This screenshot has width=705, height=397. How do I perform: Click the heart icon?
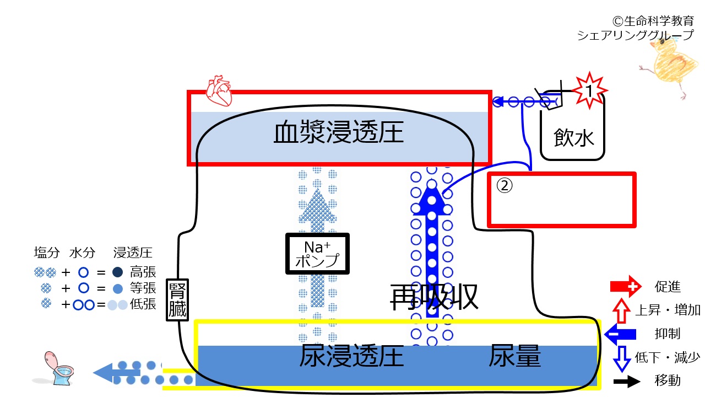219,91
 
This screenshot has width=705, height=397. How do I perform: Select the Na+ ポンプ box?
317,254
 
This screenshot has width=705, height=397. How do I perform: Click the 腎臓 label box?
177,300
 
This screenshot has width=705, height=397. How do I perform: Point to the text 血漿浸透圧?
339,132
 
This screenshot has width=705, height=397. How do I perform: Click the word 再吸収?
434,297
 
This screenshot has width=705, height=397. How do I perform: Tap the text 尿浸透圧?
351,356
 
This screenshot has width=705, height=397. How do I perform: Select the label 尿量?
514,356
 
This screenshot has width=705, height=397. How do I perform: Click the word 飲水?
574,138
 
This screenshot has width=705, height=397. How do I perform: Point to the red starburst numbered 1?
589,91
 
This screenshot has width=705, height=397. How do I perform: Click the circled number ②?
504,186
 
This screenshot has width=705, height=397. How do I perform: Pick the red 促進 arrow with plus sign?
625,286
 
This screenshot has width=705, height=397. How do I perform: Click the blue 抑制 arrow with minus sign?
620,334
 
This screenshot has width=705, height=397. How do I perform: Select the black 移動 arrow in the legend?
627,382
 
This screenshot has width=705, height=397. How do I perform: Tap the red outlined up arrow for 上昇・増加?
621,310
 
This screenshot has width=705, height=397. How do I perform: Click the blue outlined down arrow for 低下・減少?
622,359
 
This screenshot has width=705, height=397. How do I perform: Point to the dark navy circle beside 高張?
117,272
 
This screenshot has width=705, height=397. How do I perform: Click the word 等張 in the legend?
143,288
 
